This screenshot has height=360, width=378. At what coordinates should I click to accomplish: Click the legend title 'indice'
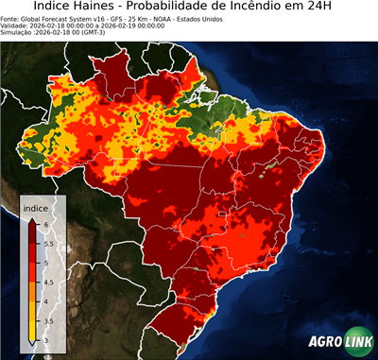click(x=37, y=206)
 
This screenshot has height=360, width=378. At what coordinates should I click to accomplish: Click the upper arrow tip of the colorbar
click(x=33, y=218)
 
